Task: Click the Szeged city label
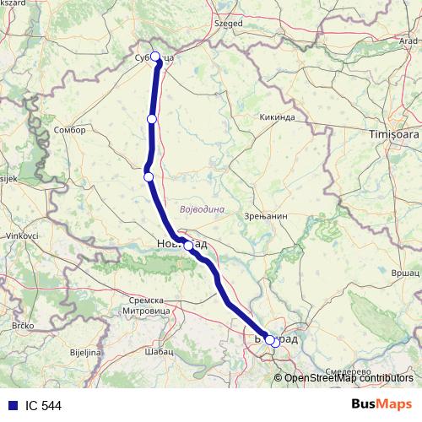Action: click(x=227, y=24)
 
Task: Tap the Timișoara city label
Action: click(x=393, y=134)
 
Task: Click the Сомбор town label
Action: click(x=69, y=132)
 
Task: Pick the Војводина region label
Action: click(x=202, y=208)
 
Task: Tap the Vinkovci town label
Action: click(x=19, y=235)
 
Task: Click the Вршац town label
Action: click(x=404, y=274)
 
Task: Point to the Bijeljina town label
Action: click(x=84, y=351)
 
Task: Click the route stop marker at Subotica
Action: click(x=155, y=57)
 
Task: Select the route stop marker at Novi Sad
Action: click(x=188, y=246)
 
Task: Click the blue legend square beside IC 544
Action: click(x=10, y=405)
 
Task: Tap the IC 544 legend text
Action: click(x=44, y=405)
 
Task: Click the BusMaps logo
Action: click(x=381, y=404)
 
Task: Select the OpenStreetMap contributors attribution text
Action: click(x=349, y=378)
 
